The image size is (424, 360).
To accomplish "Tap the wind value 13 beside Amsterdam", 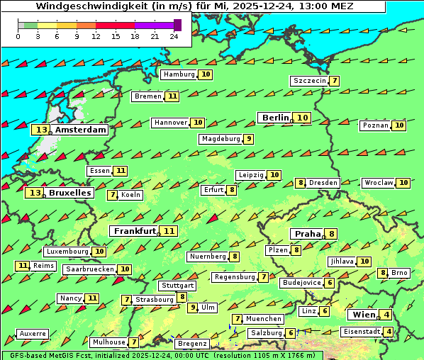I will click(x=42, y=130).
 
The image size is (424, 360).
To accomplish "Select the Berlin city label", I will click(x=275, y=118).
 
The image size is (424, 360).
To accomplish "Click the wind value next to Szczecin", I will click(x=334, y=81).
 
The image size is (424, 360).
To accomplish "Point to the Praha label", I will click(x=308, y=234).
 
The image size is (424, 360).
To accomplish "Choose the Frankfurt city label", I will click(x=135, y=231).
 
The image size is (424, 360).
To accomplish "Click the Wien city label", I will click(x=362, y=315).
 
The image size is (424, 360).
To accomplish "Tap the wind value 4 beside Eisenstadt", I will click(x=388, y=332).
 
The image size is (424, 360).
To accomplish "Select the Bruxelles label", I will click(x=70, y=193).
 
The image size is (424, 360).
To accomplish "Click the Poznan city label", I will click(x=376, y=125).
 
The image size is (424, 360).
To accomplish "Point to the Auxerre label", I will click(x=33, y=334).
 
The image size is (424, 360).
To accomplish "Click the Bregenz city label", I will click(x=191, y=344).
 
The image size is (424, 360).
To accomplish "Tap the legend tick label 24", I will click(x=174, y=36).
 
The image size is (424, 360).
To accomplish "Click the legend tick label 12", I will click(x=96, y=36).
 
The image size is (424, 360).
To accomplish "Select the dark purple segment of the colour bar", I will click(x=177, y=25).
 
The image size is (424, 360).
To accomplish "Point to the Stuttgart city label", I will click(x=177, y=286).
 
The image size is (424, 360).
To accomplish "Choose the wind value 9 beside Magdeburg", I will click(x=249, y=139).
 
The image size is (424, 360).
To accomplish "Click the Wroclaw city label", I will click(x=379, y=183).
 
